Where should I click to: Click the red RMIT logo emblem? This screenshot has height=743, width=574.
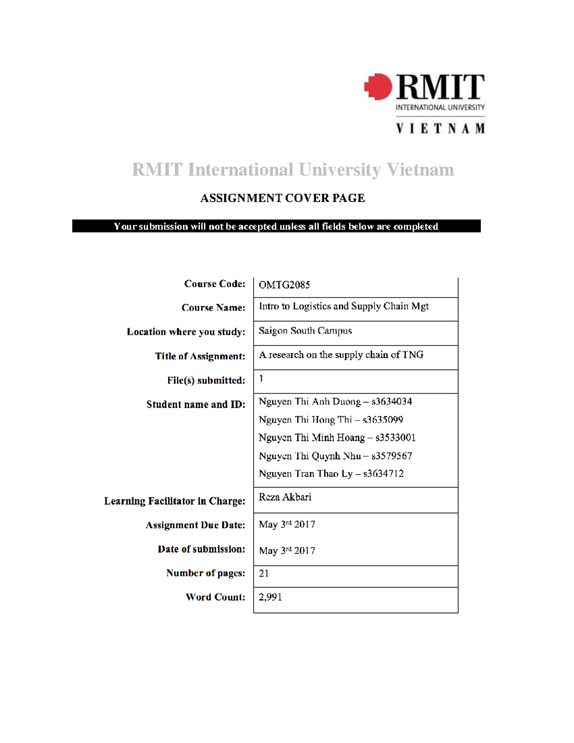[378, 87]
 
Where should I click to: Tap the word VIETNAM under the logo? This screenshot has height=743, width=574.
[440, 128]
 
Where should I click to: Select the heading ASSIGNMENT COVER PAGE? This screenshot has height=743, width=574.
[282, 198]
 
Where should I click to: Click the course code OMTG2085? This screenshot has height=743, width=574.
[284, 285]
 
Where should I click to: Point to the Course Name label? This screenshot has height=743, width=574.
[213, 308]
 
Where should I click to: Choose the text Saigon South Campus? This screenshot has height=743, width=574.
[305, 331]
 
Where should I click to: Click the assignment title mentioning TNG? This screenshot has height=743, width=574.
[341, 355]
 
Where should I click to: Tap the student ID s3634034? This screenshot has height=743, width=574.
[391, 401]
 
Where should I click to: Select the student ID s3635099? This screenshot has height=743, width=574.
[383, 420]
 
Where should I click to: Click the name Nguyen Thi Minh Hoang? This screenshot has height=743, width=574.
[311, 437]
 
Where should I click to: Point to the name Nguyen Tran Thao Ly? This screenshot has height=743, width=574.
[305, 474]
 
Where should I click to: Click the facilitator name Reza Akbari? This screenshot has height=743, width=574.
[285, 497]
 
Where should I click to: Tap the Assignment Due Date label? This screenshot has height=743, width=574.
[195, 525]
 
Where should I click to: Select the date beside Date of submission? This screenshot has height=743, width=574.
[287, 550]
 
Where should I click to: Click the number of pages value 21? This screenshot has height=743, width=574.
[264, 573]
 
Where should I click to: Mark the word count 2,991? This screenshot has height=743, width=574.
[270, 597]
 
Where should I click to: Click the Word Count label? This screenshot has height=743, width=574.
[215, 597]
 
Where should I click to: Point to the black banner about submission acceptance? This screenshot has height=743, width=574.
[276, 226]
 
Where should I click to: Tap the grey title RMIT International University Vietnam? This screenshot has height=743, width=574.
[293, 169]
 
